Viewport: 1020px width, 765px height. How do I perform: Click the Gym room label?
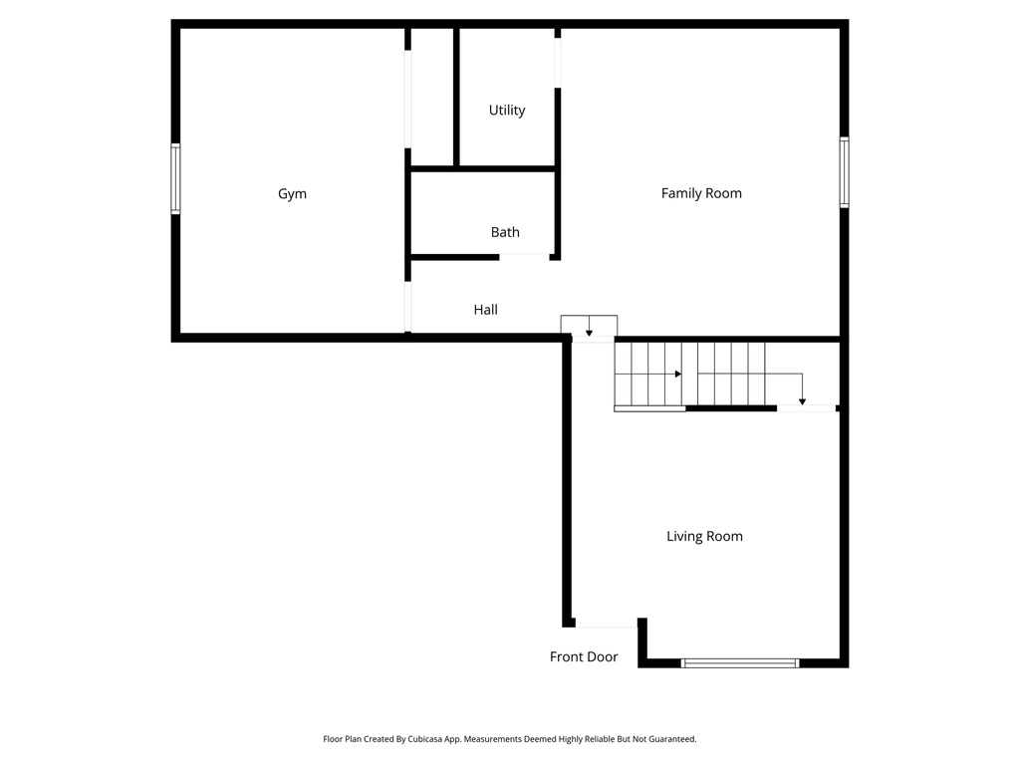tap(292, 194)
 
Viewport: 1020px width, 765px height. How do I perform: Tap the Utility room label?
tap(507, 111)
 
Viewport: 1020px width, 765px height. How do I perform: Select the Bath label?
tap(505, 232)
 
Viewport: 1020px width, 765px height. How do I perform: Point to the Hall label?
tap(485, 310)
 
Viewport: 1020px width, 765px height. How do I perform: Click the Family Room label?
tap(701, 193)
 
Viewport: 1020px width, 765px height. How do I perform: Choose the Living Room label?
tap(704, 536)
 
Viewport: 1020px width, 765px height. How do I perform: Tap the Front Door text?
tap(584, 657)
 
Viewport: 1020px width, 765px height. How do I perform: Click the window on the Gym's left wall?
tap(176, 178)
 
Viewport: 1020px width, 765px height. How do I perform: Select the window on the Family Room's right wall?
tap(844, 172)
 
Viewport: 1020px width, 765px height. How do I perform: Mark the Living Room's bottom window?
tap(740, 662)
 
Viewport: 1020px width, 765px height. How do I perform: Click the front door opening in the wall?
tap(607, 625)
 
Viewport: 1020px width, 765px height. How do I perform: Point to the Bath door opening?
tap(524, 257)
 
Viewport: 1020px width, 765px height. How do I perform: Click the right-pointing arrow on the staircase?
tap(677, 374)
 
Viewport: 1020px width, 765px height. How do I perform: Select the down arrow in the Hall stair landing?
tap(589, 331)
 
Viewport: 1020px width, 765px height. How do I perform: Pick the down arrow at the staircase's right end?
tap(803, 399)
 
